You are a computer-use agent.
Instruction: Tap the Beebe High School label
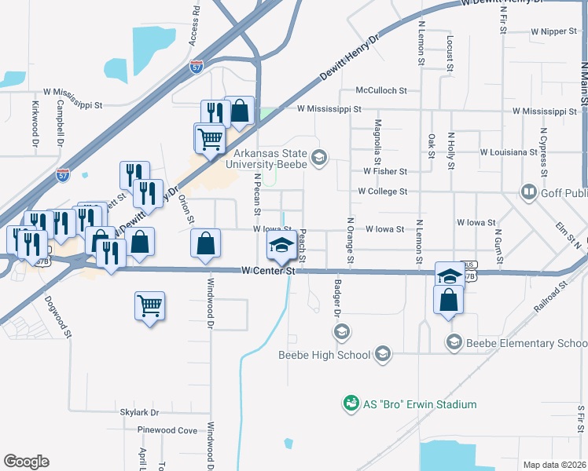click(x=324, y=355)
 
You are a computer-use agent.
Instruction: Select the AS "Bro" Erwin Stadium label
click(x=420, y=404)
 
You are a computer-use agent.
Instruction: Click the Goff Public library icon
click(x=528, y=192)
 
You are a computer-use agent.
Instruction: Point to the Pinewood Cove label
click(x=167, y=430)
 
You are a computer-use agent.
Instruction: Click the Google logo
click(x=26, y=461)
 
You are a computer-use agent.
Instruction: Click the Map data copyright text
click(x=554, y=465)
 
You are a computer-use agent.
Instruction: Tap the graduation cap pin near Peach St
click(x=281, y=246)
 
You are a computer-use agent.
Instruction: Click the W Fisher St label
click(x=385, y=171)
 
